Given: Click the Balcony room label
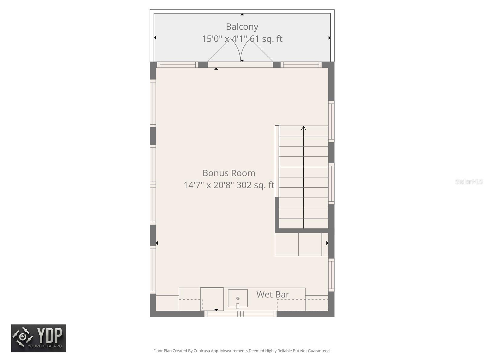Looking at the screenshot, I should (242, 27).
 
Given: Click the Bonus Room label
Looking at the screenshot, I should (229, 173).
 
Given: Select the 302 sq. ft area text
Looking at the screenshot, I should (255, 185).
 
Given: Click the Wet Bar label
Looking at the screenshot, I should (273, 294).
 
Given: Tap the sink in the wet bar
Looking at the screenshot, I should (238, 299).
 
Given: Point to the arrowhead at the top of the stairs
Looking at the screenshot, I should (303, 128).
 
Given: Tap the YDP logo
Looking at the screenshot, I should (38, 338).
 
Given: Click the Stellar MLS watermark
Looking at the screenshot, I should (469, 182).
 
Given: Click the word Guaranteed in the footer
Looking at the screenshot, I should (319, 351).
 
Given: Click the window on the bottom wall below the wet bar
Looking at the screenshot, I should (240, 314).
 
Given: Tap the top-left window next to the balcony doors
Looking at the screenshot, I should (178, 64).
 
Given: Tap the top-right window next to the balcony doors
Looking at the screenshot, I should (301, 64).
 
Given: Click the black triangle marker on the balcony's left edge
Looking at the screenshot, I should (155, 38).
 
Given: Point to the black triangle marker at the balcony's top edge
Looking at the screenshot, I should (242, 14).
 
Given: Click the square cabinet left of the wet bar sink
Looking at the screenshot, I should (212, 299).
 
